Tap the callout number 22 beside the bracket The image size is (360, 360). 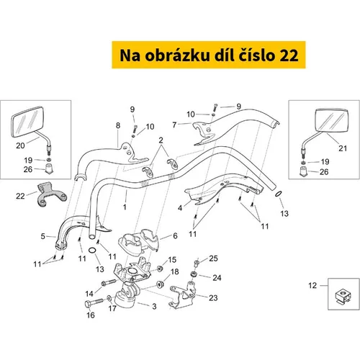pos(20,197)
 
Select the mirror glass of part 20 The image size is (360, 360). pos(27,122)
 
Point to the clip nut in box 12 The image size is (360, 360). pos(343,296)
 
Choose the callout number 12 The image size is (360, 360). pos(312,285)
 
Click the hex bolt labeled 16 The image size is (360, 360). pos(94,302)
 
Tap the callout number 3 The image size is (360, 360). pos(154,307)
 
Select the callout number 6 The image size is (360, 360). pos(175,236)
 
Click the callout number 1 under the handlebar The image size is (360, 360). pos(125,207)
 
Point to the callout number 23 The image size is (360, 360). pos(213,298)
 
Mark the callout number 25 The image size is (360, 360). pos(213,258)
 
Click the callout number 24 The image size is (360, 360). pos(217,278)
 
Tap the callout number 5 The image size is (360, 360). pos(42,236)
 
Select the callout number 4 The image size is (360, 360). pos(180,208)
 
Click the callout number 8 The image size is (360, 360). pos(118,125)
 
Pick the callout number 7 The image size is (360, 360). pos(174,125)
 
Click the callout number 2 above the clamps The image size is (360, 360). pos(161,140)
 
